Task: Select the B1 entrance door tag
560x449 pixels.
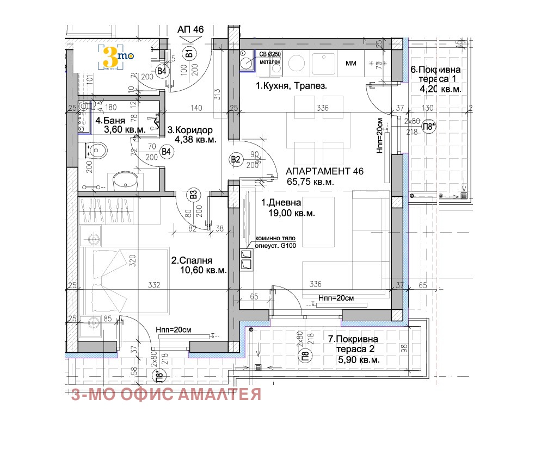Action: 189,53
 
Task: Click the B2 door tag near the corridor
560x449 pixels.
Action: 236,159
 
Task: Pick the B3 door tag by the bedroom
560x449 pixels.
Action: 193,194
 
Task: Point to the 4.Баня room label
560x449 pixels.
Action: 110,121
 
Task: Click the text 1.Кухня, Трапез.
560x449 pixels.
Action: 292,86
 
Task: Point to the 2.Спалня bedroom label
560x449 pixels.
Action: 192,260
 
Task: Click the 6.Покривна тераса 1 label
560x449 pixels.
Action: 436,70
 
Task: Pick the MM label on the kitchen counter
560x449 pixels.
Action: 351,64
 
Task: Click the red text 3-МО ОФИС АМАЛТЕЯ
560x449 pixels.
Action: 166,394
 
